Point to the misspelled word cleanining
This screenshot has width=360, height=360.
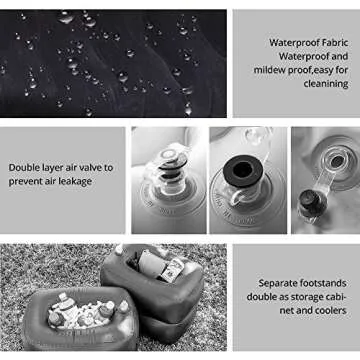320,83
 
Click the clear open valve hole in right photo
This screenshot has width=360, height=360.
334,165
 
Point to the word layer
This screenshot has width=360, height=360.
65,167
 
